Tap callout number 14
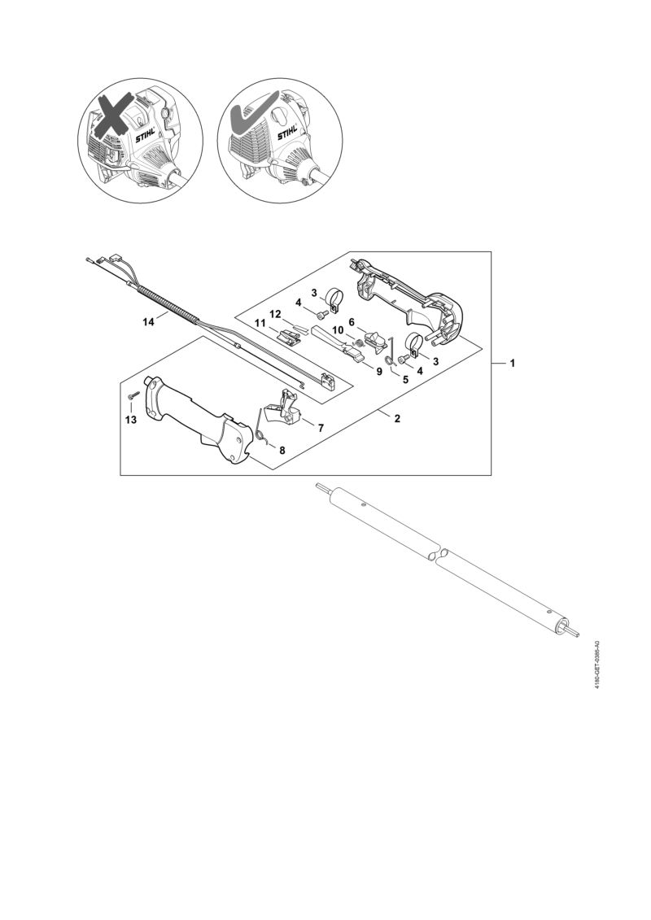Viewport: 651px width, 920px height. pyautogui.click(x=149, y=321)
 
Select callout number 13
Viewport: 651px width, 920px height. pyautogui.click(x=130, y=420)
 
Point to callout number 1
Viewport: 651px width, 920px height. pyautogui.click(x=512, y=363)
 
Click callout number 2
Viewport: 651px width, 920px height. pyautogui.click(x=397, y=418)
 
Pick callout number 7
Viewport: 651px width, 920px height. pyautogui.click(x=321, y=429)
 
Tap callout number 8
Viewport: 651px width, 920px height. pyautogui.click(x=282, y=450)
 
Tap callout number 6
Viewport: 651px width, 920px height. pyautogui.click(x=352, y=321)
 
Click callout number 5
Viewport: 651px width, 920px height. pyautogui.click(x=405, y=379)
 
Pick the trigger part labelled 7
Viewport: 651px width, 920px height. pyautogui.click(x=284, y=405)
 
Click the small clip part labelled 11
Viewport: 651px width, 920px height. pyautogui.click(x=289, y=337)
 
